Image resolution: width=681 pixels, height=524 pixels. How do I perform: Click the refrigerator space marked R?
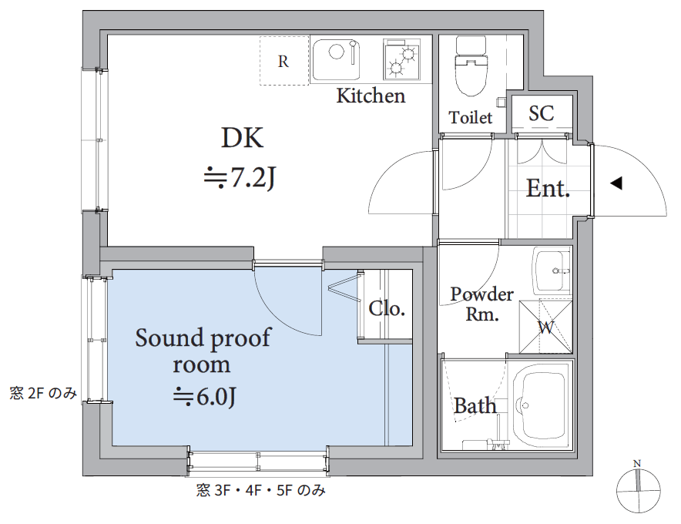click(284, 61)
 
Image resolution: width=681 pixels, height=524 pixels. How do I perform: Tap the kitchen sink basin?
click(336, 60)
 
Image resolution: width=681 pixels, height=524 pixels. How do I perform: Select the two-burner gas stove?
click(402, 60)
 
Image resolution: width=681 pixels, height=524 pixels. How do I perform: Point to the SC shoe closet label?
click(541, 113)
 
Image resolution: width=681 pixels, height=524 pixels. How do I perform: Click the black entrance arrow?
click(616, 183)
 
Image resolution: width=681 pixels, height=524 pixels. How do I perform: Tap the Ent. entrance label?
click(548, 189)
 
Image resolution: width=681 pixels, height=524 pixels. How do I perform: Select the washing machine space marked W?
click(546, 326)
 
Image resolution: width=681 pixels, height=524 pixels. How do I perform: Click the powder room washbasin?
click(552, 270)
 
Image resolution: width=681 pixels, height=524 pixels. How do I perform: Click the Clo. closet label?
click(387, 309)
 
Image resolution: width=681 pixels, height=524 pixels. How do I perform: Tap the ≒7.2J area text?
click(240, 177)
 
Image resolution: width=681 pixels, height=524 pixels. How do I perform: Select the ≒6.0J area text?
click(205, 396)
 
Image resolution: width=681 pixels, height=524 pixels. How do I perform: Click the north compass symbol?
click(638, 489)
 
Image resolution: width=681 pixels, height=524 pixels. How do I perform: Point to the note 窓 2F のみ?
click(43, 393)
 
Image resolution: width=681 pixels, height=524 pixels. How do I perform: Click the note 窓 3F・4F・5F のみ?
click(260, 491)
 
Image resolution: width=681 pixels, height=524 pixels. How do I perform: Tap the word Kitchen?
click(371, 96)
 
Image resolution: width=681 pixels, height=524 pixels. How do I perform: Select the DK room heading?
click(243, 138)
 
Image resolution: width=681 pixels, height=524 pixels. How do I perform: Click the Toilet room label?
click(471, 117)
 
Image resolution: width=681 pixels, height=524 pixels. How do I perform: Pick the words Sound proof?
click(203, 338)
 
